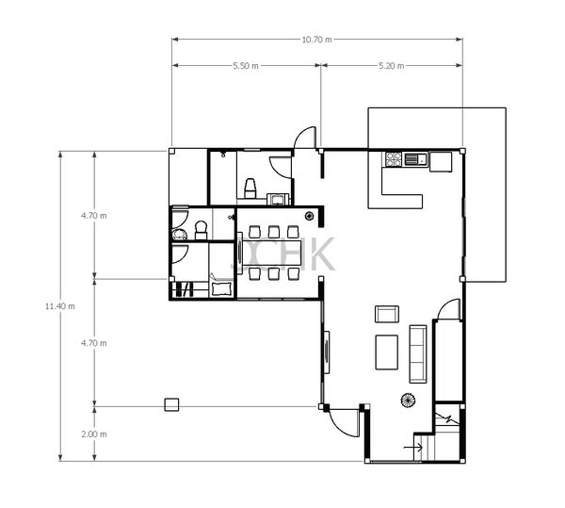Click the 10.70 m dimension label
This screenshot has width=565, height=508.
(316, 40)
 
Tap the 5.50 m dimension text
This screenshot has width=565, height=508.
(246, 66)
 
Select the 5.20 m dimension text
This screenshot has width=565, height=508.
(392, 66)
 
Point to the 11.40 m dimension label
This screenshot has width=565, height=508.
(60, 306)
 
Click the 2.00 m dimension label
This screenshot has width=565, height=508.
(93, 434)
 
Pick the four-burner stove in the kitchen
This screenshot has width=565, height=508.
(394, 159)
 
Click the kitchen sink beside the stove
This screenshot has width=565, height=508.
(415, 159)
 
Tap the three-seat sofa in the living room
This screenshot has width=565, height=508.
(418, 354)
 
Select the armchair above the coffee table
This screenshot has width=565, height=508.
(387, 314)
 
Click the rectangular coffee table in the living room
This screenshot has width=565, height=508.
(387, 352)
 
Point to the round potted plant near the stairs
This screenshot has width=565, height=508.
(409, 401)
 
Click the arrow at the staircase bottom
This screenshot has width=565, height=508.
(413, 448)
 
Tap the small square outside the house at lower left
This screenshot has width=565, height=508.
(171, 404)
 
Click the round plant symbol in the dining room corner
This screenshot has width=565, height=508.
(309, 217)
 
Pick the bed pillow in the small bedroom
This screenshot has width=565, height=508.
(221, 289)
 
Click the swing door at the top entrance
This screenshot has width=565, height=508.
(305, 138)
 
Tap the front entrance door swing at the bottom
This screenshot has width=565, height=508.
(344, 423)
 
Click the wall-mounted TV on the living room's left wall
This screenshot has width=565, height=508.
(327, 352)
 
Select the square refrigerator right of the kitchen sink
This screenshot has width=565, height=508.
(441, 162)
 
